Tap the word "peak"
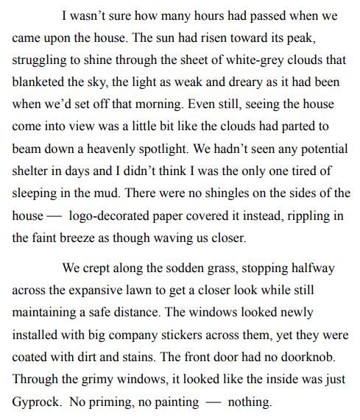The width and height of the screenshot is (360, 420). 328,35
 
